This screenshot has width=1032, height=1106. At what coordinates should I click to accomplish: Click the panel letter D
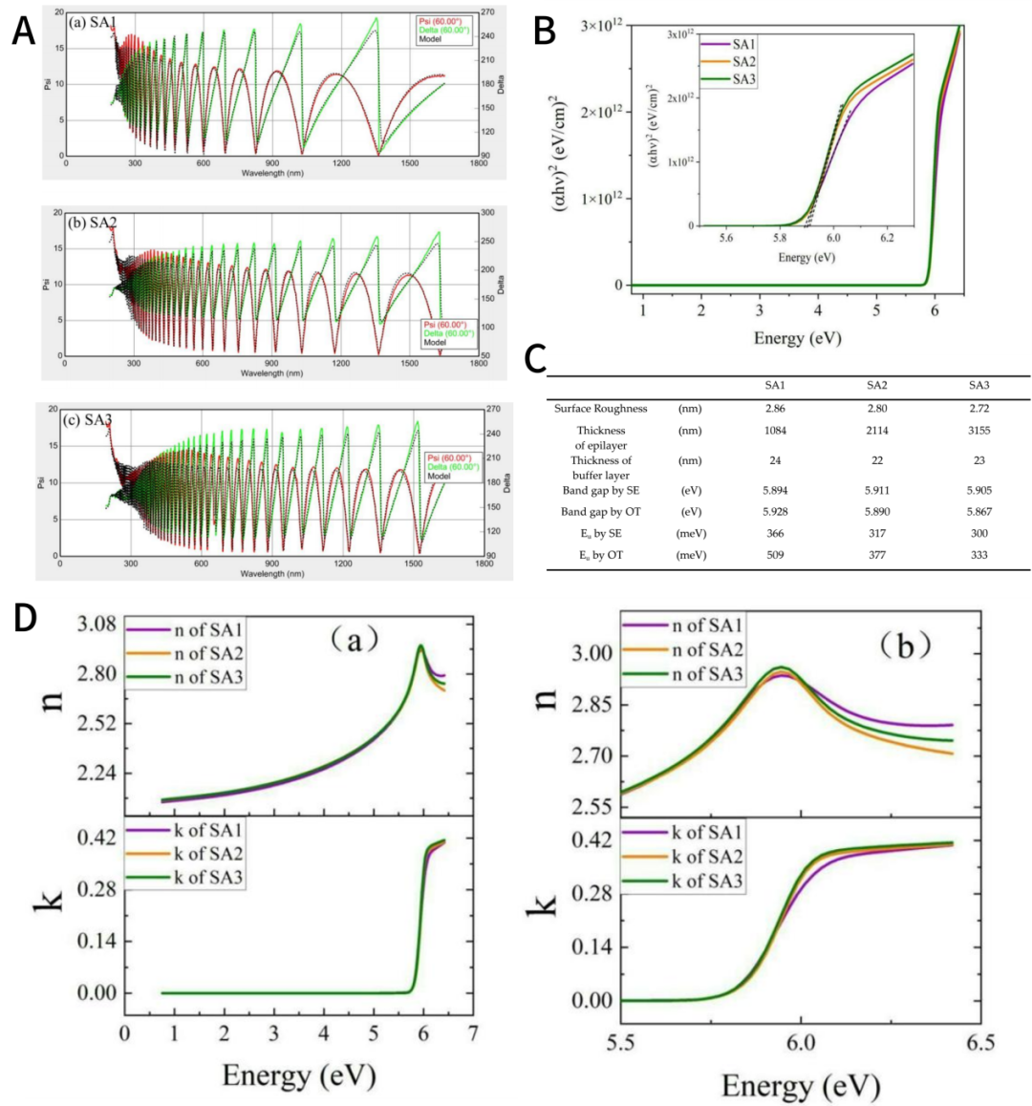[x=24, y=617]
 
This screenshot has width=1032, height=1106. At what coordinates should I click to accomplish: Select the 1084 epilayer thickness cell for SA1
[x=775, y=431]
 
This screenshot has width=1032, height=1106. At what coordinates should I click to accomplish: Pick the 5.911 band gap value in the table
[x=876, y=490]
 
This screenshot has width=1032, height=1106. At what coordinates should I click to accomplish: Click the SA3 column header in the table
[x=978, y=385]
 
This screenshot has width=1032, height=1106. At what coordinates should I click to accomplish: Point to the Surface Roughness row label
[x=600, y=409]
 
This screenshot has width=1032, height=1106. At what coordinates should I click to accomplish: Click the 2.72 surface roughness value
[x=978, y=409]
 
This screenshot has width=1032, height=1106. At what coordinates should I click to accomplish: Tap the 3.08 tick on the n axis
[x=96, y=625]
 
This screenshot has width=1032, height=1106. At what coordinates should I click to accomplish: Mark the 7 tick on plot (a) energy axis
[x=472, y=1033]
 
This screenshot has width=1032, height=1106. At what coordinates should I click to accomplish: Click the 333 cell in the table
[x=978, y=555]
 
